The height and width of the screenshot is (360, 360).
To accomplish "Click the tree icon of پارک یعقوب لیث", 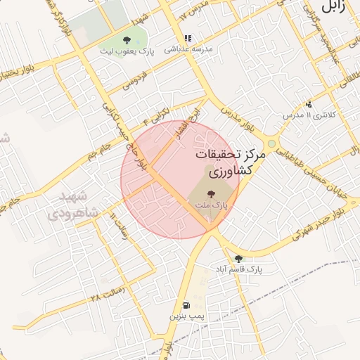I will pyautogui.click(x=127, y=41).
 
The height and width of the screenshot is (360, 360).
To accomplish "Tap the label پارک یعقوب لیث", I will pyautogui.click(x=127, y=51).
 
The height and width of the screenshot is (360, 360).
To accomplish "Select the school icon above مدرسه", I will pyautogui.click(x=187, y=39).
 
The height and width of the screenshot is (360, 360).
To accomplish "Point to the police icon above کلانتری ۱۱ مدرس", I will pyautogui.click(x=308, y=104).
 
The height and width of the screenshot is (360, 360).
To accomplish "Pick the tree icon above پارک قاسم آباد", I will pyautogui.click(x=238, y=259).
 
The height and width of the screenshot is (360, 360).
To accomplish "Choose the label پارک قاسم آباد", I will pyautogui.click(x=240, y=269).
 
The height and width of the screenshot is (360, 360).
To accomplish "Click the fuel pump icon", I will pyautogui.click(x=186, y=306).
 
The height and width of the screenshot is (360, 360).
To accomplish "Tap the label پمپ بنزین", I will pyautogui.click(x=186, y=316).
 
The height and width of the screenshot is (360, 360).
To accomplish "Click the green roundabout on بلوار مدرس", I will pyautogui.click(x=271, y=143).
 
